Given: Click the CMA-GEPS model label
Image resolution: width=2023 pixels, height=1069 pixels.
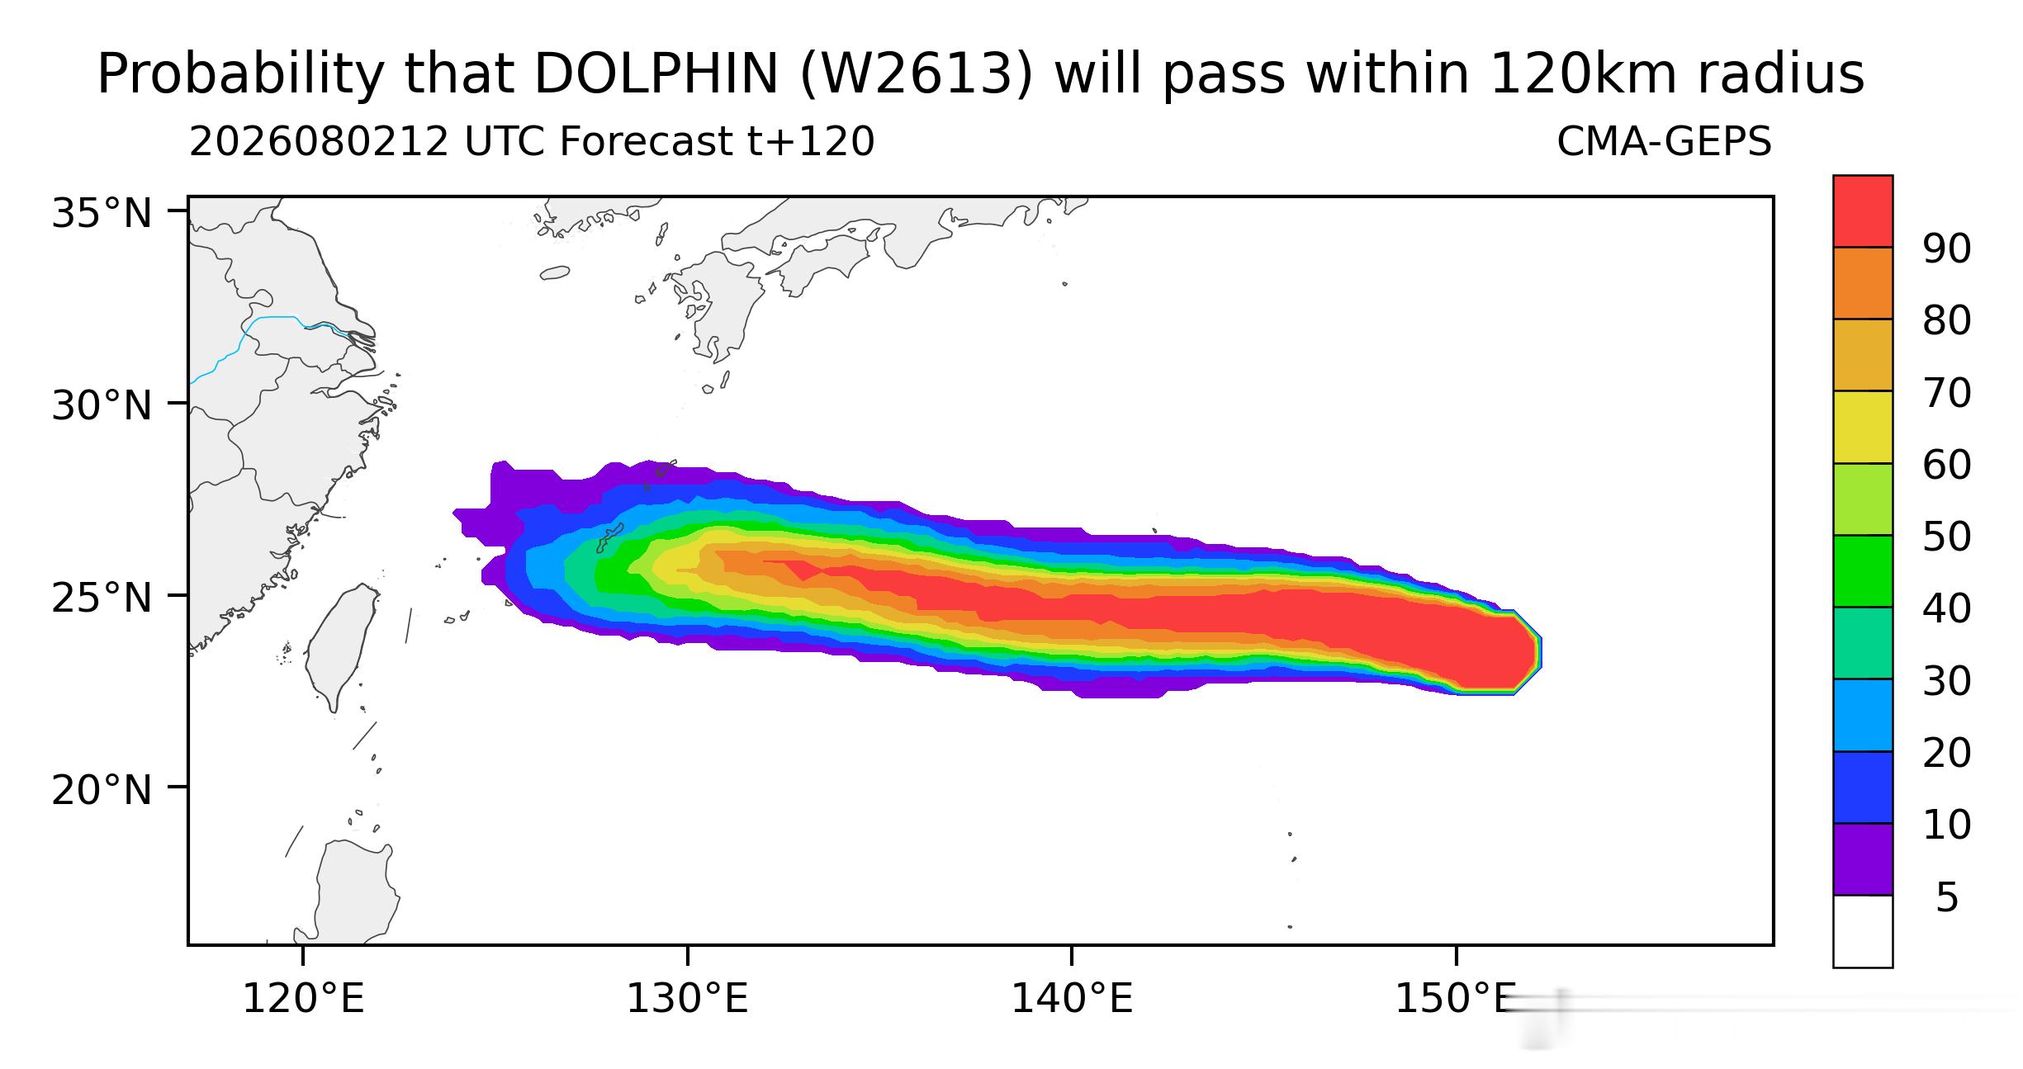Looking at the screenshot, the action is click(x=1664, y=143).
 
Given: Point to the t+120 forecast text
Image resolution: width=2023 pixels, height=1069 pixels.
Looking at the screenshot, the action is click(x=811, y=143).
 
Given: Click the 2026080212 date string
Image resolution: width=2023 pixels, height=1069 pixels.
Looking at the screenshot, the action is click(x=319, y=143).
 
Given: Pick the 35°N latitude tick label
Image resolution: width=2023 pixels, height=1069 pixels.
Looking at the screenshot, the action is click(x=102, y=214).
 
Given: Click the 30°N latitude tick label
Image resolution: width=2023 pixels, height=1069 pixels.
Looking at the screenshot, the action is click(x=102, y=406).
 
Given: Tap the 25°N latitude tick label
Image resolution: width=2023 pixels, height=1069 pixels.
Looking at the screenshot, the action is click(x=102, y=598).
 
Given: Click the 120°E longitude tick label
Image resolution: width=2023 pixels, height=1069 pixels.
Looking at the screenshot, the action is click(x=303, y=1000).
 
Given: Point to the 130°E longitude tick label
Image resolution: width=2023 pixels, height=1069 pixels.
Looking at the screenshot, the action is click(x=687, y=1000).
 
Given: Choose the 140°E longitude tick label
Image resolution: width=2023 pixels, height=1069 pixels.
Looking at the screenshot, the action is click(x=1072, y=1000).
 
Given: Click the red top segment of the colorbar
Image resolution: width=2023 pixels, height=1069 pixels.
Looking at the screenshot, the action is click(x=1863, y=210).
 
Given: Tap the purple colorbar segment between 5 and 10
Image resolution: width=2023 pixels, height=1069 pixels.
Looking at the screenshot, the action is click(x=1863, y=859).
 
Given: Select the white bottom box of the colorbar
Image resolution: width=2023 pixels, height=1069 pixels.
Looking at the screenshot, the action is click(x=1863, y=931).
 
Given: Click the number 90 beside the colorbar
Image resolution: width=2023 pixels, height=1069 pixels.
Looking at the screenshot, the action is click(x=1946, y=248).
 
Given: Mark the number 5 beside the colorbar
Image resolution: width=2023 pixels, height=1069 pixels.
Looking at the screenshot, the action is click(x=1946, y=897).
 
